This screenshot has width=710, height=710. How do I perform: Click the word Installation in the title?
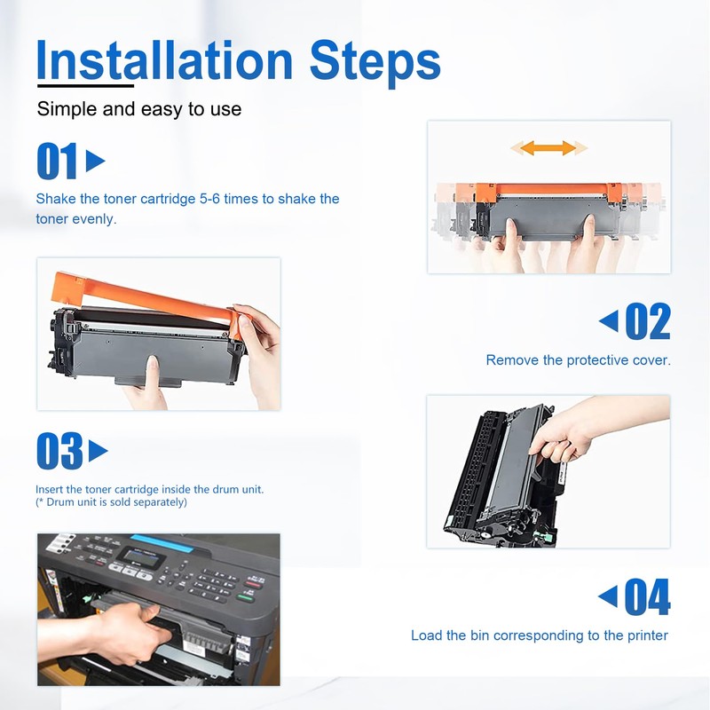click(x=164, y=60)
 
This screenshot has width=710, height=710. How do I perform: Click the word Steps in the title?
click(x=375, y=63)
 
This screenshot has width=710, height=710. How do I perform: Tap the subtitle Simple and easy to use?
click(x=139, y=109)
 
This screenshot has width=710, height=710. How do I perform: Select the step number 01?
click(x=57, y=161)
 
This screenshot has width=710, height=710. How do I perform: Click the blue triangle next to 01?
click(x=95, y=161)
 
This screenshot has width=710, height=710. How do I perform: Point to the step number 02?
click(x=648, y=321)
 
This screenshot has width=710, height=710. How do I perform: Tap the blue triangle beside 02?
click(x=609, y=321)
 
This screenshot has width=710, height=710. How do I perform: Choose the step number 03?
click(x=59, y=451)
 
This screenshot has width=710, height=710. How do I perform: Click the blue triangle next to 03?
click(x=98, y=451)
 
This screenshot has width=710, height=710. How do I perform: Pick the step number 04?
click(x=648, y=596)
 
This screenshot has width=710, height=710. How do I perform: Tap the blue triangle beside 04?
click(x=608, y=596)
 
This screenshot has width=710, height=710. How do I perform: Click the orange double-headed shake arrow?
click(x=548, y=147)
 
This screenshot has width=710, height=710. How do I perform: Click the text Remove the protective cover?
click(x=579, y=360)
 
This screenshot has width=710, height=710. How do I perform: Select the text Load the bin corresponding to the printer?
click(x=540, y=635)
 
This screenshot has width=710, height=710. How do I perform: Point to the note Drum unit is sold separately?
click(x=111, y=502)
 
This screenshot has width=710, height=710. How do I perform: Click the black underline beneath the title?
click(x=85, y=85)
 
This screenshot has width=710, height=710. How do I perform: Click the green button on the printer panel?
click(x=245, y=597)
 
